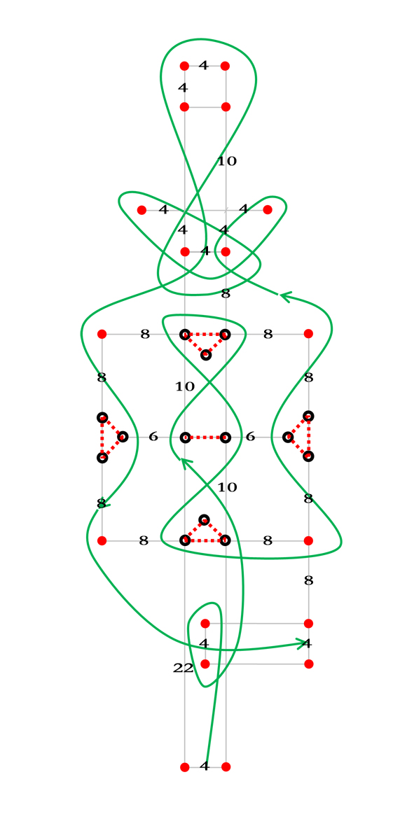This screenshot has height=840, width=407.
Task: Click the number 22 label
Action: (183, 668)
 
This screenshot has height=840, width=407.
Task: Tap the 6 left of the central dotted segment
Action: (153, 437)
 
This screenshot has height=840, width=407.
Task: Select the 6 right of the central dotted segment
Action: (250, 437)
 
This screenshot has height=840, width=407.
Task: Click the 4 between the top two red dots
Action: (203, 66)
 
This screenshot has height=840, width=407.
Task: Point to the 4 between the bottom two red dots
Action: (204, 766)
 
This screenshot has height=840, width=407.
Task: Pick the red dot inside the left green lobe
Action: (142, 210)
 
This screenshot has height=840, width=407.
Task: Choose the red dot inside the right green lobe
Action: (268, 209)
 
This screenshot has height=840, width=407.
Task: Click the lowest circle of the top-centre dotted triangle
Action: (205, 355)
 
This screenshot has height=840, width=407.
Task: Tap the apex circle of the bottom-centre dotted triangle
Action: (204, 519)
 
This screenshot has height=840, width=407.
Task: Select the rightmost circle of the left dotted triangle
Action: (123, 437)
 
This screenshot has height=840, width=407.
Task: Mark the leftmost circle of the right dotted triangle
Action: (288, 437)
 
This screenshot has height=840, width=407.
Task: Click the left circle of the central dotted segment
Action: (185, 437)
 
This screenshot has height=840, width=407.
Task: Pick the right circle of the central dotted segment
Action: (225, 437)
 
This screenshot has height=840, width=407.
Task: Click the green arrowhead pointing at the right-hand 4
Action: (303, 643)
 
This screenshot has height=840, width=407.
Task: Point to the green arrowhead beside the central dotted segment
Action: (186, 463)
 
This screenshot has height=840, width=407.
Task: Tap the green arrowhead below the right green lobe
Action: (286, 297)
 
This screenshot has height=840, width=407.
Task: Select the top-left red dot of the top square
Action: (184, 66)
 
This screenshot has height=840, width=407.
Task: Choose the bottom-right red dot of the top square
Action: (226, 107)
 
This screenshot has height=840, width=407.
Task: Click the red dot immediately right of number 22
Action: (205, 664)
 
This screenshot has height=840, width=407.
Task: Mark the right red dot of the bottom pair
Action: (226, 767)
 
